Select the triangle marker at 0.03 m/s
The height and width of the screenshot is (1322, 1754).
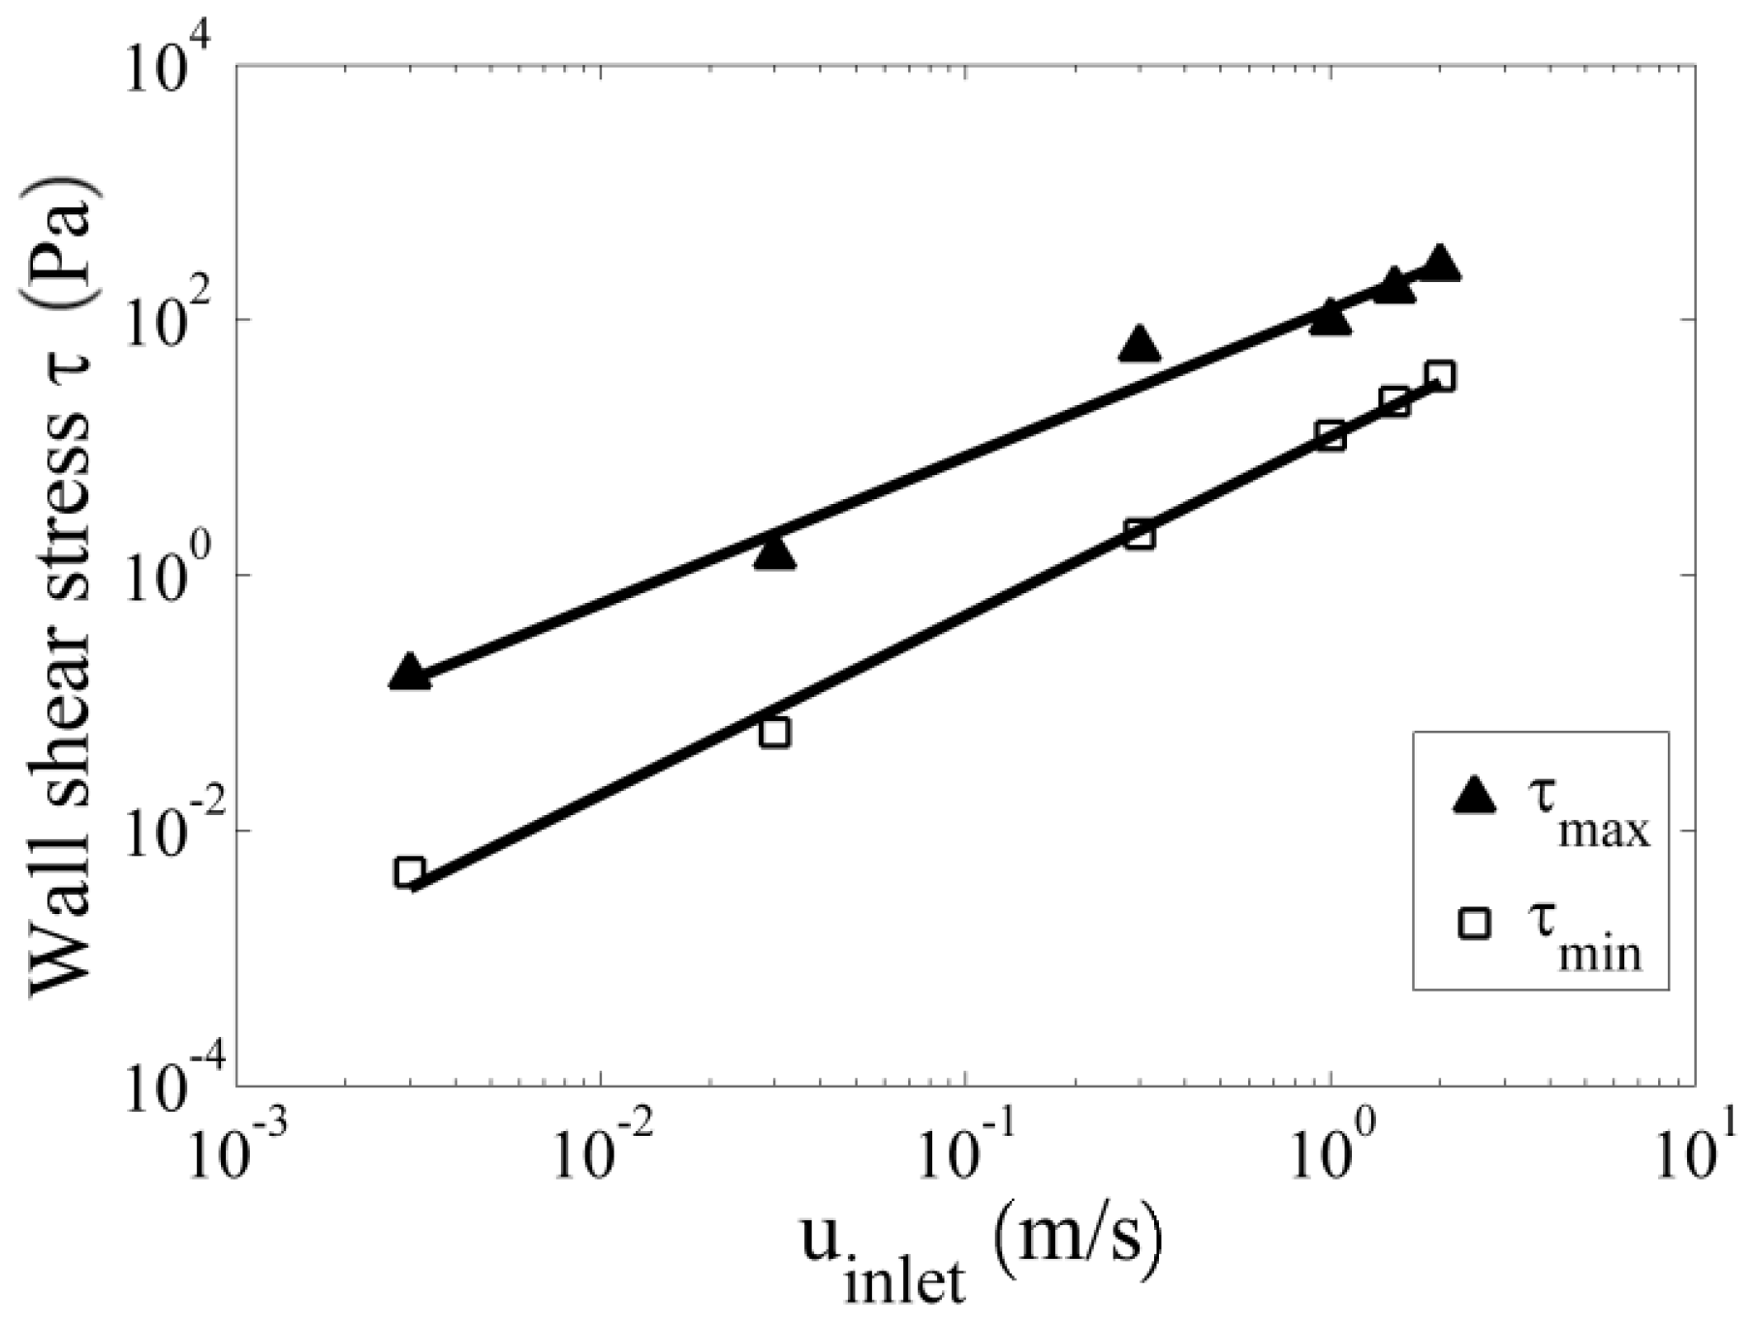click(774, 552)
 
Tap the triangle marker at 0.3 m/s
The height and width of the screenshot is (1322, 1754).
click(1140, 344)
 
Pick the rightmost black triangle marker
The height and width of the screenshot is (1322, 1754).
click(1441, 264)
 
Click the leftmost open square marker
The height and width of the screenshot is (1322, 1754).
click(410, 872)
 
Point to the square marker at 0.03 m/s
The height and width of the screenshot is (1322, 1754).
click(774, 733)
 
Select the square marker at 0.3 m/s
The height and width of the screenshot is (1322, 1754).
click(1140, 535)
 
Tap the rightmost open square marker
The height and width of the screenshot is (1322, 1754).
click(1441, 376)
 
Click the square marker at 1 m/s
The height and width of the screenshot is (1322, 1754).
click(1331, 436)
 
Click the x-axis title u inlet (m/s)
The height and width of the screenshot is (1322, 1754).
click(979, 1255)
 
